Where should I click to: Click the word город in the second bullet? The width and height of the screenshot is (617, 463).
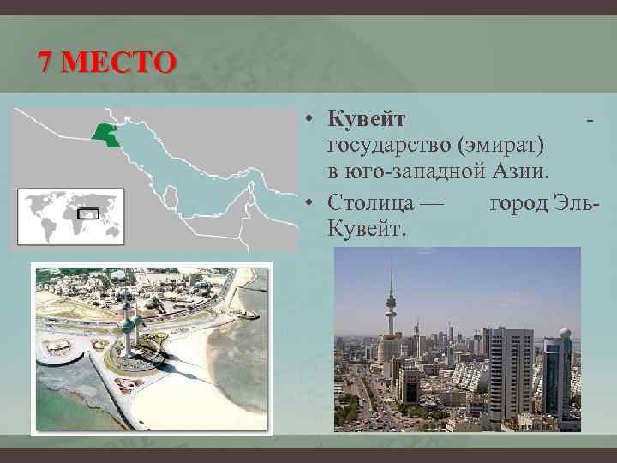pyautogui.click(x=519, y=202)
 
